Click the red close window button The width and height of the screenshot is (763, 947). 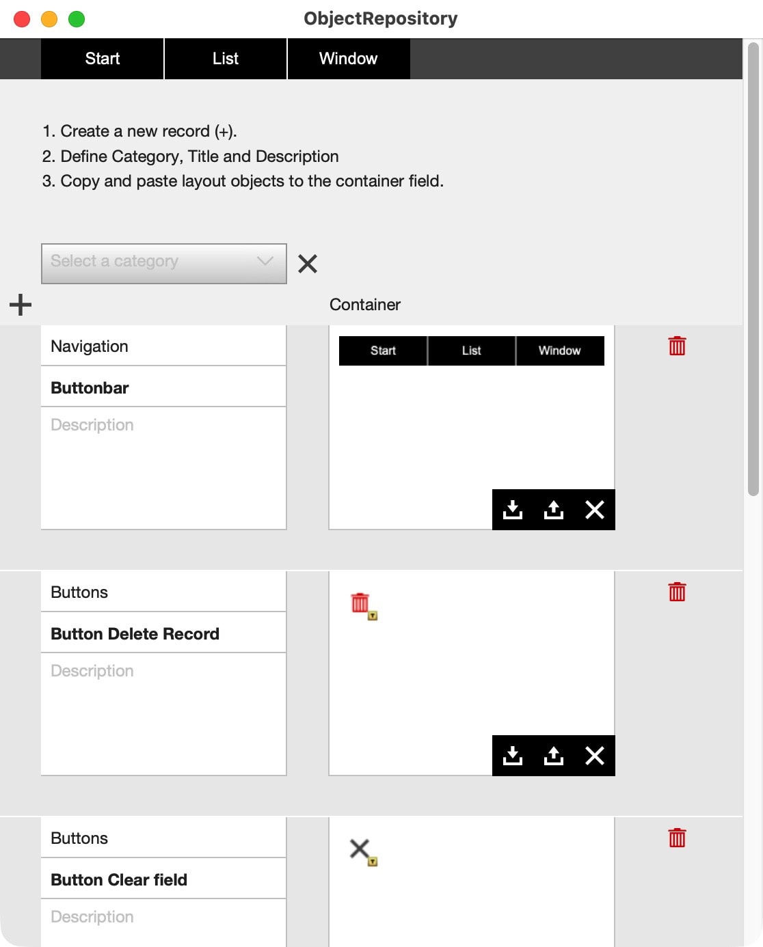tap(22, 19)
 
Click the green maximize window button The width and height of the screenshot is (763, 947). tap(77, 19)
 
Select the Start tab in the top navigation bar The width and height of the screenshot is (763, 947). tap(102, 59)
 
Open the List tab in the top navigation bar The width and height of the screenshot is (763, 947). tap(226, 59)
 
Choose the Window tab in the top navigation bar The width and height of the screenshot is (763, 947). tap(348, 59)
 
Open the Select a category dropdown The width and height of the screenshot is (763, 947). tap(164, 263)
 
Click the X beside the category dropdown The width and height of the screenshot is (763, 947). tap(307, 264)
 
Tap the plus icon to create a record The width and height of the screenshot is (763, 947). tap(21, 305)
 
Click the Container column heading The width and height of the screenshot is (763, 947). tap(365, 305)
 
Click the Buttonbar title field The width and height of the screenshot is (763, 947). tap(163, 387)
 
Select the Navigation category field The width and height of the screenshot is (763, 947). tap(163, 346)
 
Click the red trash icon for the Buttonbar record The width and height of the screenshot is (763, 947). tap(677, 346)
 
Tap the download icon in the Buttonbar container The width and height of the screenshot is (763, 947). tap(513, 510)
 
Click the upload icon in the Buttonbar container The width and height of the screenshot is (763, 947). tap(553, 510)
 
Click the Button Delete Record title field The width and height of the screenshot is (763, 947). tap(163, 633)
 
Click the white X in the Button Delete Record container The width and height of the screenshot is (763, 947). tap(594, 756)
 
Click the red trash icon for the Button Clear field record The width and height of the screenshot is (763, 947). tap(677, 838)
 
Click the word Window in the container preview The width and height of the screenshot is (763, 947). tap(559, 351)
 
